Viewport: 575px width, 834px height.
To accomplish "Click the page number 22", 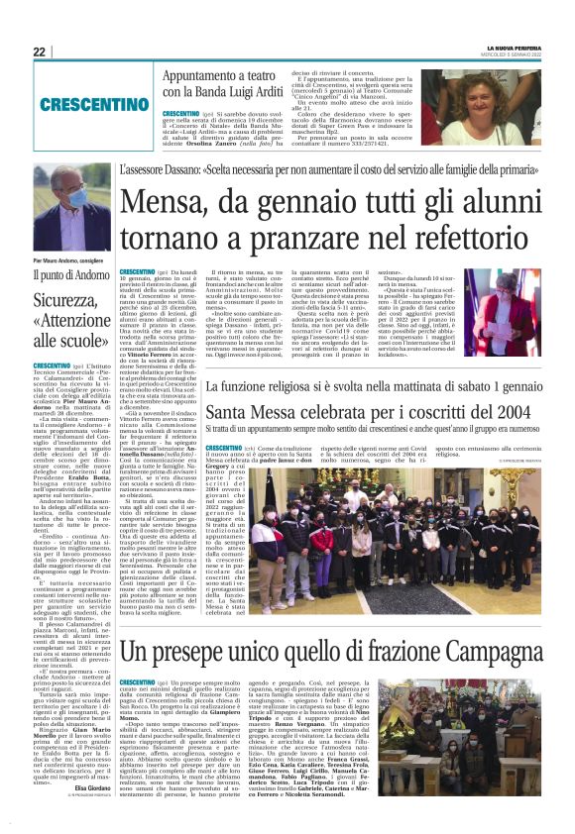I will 39,52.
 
